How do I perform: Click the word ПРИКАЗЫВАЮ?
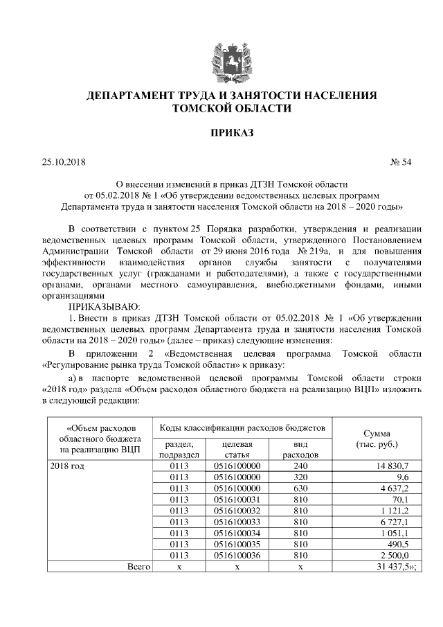(104, 306)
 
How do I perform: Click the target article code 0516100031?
(237, 500)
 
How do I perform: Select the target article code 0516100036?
(237, 556)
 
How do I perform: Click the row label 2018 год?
(68, 467)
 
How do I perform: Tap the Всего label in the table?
(138, 567)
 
